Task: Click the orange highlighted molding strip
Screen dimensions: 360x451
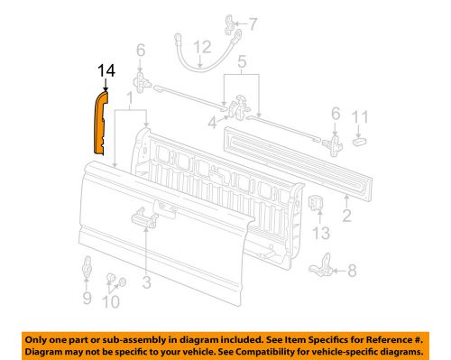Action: click(102, 122)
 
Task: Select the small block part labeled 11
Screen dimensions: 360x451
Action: click(360, 139)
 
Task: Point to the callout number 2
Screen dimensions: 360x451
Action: click(346, 217)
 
